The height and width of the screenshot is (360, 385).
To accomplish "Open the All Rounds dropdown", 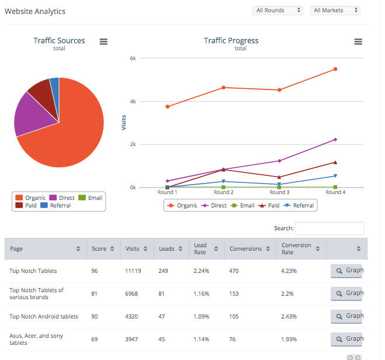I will coord(278,11).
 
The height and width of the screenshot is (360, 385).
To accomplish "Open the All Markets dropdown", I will coord(335,11).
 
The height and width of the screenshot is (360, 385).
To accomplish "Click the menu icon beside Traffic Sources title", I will coord(103,41).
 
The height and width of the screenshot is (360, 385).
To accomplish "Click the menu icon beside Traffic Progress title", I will coord(358,41).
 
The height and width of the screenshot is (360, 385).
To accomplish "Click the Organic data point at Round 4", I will coord(335,69).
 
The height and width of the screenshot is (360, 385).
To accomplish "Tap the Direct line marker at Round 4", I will coord(335,140).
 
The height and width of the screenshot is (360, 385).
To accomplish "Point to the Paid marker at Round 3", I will coord(279,177).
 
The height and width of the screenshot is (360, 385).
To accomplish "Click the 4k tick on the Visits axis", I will coord(133,102).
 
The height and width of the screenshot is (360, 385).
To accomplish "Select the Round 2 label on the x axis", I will coord(223,192).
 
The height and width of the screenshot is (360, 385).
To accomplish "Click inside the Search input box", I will coord(329,229).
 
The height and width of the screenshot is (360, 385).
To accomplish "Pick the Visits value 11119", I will coord(133,271).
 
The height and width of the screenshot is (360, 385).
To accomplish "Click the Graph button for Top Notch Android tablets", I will coord(347,316).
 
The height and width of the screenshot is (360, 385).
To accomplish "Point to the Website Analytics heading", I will coord(35,12).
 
